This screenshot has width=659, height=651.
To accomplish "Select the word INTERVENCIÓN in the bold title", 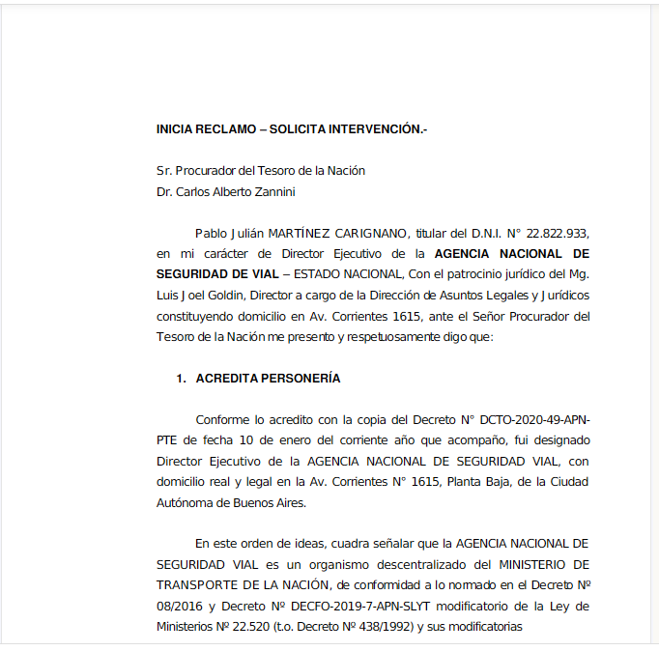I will click(x=377, y=128).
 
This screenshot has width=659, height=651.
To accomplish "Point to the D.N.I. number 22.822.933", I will click(x=556, y=234).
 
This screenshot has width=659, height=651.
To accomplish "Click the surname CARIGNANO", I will click(x=369, y=234).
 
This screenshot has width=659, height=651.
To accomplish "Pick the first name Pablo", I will click(x=211, y=234).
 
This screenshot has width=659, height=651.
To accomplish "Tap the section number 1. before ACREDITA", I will click(x=181, y=379).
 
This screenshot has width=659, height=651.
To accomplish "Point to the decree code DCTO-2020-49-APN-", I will click(x=534, y=420).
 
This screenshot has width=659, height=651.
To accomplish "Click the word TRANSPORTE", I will click(x=195, y=585).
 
